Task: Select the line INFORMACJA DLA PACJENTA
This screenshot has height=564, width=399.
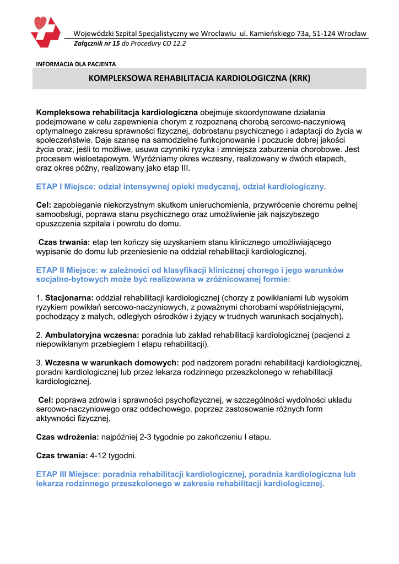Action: pyautogui.click(x=76, y=64)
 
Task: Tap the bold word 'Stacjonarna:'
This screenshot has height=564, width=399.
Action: pyautogui.click(x=69, y=298)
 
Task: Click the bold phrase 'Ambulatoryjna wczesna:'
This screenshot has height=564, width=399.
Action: pyautogui.click(x=92, y=334)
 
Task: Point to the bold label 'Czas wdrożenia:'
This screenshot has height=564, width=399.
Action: pyautogui.click(x=67, y=437)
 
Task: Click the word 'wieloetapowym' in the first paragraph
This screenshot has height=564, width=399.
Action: pyautogui.click(x=101, y=158)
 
